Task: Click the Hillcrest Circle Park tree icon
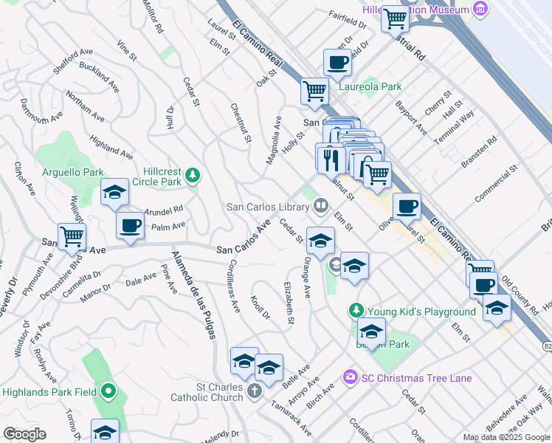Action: tap(193, 175)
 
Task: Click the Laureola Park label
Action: tap(370, 86)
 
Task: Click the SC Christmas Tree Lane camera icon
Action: tap(350, 378)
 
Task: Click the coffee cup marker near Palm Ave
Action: tap(131, 225)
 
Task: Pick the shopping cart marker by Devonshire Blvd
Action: tap(72, 237)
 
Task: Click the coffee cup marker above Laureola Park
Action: tap(338, 63)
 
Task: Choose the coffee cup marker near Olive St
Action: tap(406, 207)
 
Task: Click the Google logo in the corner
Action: tap(24, 434)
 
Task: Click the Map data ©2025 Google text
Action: tap(506, 437)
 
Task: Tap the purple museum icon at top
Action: tap(481, 10)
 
